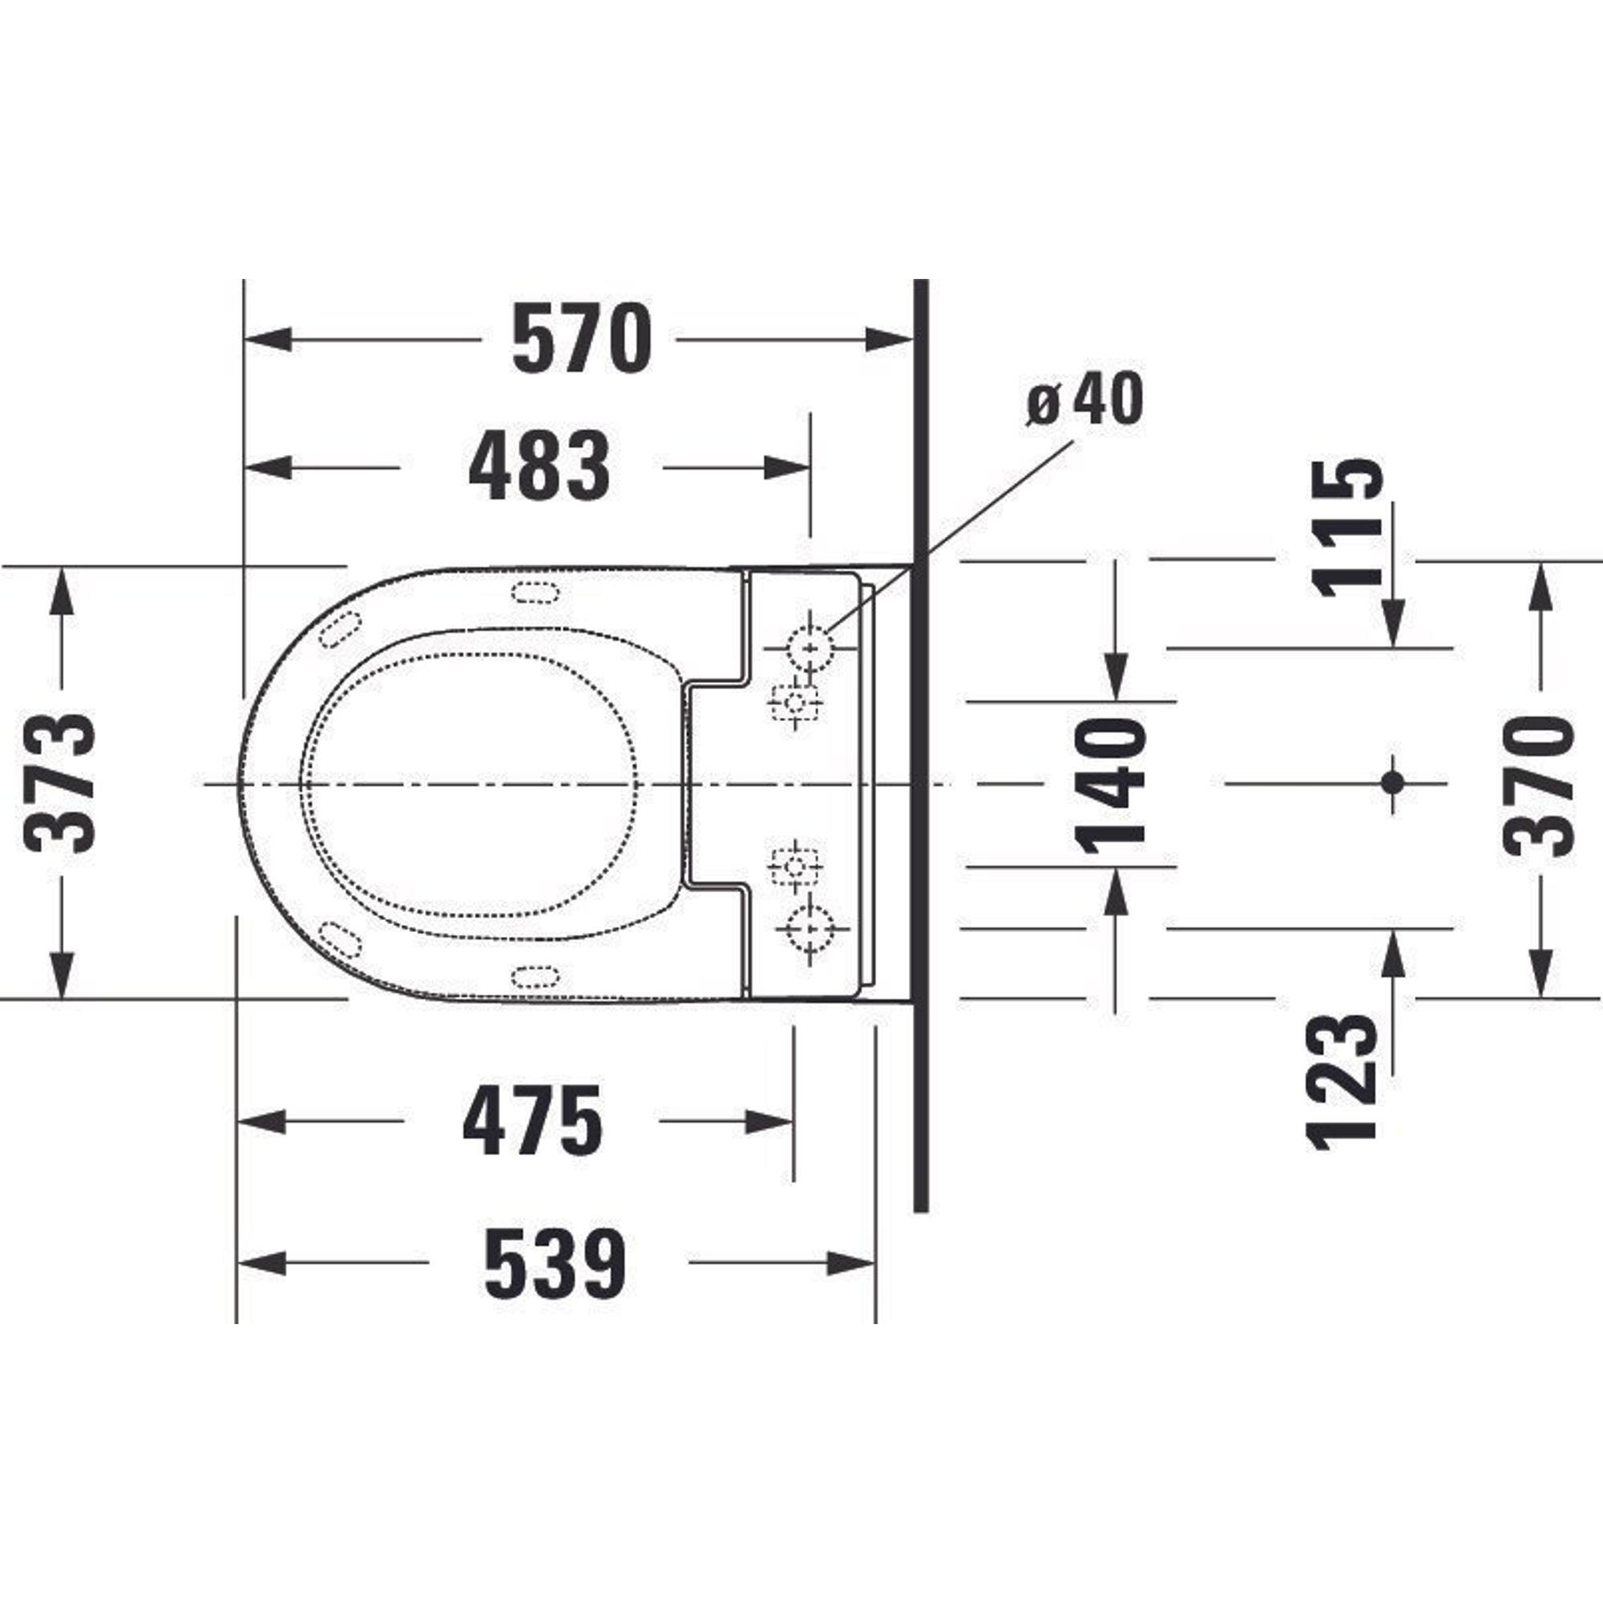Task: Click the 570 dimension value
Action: click(x=582, y=338)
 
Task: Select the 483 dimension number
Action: click(x=539, y=466)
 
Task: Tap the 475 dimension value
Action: click(x=533, y=1120)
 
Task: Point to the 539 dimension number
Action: click(x=555, y=1264)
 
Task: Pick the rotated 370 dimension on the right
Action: click(x=1538, y=785)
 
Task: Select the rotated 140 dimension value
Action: click(x=1110, y=785)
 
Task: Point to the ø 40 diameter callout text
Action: click(x=1085, y=399)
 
